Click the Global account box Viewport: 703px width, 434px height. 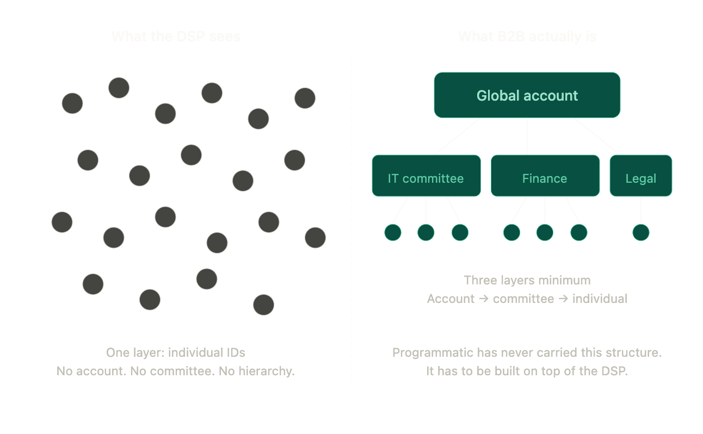click(527, 95)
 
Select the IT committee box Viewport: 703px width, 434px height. click(426, 176)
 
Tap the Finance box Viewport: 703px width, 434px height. click(545, 176)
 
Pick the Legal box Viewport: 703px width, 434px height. click(640, 176)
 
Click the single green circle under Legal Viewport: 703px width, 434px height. click(641, 233)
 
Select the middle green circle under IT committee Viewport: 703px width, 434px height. click(426, 233)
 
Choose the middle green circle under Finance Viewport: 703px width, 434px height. click(545, 233)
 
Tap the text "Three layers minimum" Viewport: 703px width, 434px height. click(527, 280)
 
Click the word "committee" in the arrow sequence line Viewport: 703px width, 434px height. click(523, 299)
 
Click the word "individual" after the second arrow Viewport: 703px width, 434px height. click(600, 299)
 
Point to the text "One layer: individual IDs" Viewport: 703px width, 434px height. click(176, 352)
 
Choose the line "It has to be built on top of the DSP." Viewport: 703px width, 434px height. click(527, 371)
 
